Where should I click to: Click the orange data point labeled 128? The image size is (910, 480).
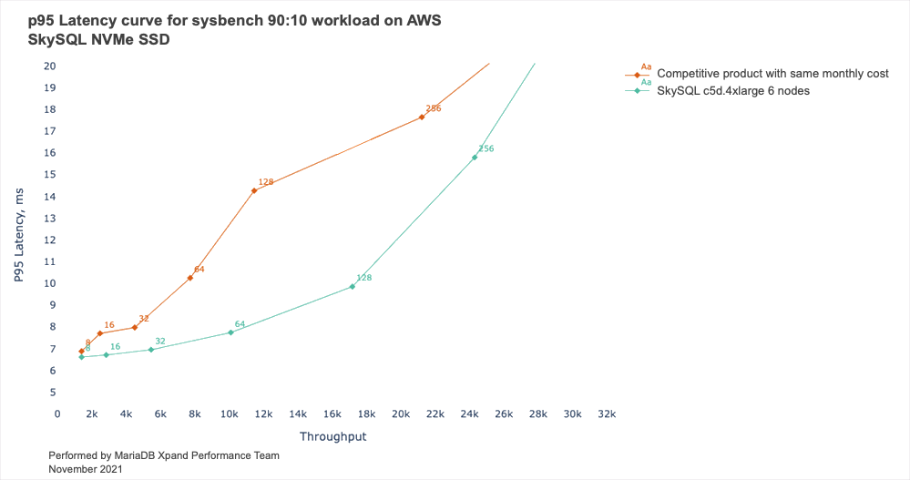(254, 190)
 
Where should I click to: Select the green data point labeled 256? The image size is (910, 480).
(475, 158)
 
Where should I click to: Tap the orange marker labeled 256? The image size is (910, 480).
(422, 117)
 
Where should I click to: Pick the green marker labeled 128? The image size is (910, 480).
(353, 287)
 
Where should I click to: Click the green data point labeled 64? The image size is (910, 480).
(230, 332)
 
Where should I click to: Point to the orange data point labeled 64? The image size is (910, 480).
(189, 278)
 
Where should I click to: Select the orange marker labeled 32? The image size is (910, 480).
(135, 327)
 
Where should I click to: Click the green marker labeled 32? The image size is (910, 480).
(151, 350)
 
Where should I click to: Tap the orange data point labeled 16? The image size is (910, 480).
(100, 333)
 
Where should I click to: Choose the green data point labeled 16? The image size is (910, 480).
(106, 354)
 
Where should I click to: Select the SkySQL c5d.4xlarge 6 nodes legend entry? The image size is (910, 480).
(732, 91)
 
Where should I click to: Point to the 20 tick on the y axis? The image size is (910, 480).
(50, 66)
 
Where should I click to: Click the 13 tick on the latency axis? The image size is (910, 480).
(50, 218)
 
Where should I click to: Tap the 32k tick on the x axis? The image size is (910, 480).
(607, 414)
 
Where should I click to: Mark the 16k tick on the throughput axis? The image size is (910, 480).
(332, 414)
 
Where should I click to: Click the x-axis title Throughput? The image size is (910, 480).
(332, 437)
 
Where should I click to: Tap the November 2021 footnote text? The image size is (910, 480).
(86, 468)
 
